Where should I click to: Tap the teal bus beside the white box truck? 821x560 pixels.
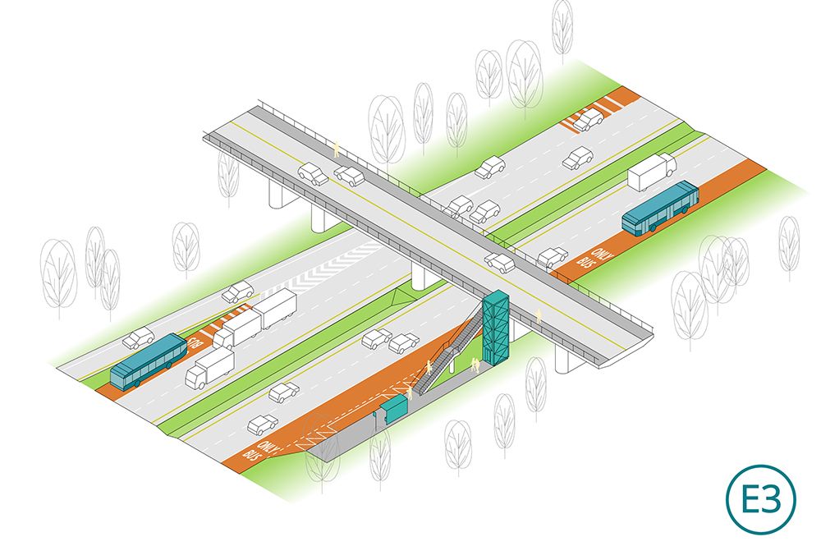coord(660,208)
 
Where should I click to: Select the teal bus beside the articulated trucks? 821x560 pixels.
coord(149,361)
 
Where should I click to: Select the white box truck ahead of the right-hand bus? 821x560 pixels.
coord(652,171)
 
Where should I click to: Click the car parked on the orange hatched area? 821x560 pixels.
coord(589,120)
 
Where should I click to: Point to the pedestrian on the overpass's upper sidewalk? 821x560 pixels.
coord(337,149)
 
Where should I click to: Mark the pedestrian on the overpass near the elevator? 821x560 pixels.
coord(538,316)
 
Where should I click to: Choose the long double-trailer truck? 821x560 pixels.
coord(255,319)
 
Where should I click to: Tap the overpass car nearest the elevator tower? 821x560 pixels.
coord(500,263)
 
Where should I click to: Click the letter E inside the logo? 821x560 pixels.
coord(752,499)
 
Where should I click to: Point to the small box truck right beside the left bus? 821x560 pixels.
coord(209,368)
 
